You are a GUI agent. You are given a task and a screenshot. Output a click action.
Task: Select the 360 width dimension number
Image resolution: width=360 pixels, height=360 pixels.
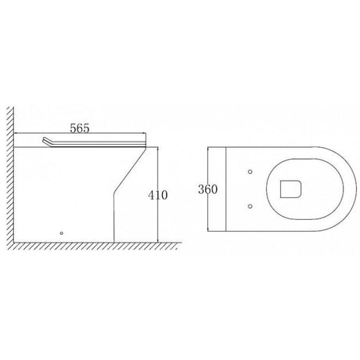pos(207,189)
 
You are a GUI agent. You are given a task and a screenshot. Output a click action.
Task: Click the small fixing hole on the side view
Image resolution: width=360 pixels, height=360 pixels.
pos(62,232)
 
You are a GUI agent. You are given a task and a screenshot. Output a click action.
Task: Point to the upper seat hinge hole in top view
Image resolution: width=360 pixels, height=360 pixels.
pos(249,171)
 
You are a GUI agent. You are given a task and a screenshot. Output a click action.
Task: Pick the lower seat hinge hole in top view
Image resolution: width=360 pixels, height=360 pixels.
pos(249,207)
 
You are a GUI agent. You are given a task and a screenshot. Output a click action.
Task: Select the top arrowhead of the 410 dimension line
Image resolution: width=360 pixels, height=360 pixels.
pos(158,149)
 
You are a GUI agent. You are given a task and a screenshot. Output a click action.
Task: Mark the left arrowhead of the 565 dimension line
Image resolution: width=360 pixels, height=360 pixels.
pos(22,134)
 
